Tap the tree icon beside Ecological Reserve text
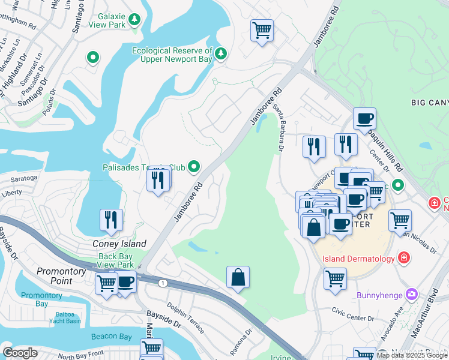(x=221, y=55)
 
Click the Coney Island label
(x=119, y=244)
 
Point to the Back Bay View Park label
(x=116, y=260)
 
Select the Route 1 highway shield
(x=162, y=282)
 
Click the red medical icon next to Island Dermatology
(x=404, y=259)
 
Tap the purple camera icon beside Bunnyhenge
(x=411, y=295)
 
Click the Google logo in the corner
(x=20, y=353)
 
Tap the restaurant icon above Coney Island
(x=112, y=220)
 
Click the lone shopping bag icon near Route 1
(x=238, y=277)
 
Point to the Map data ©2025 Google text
(x=412, y=355)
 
